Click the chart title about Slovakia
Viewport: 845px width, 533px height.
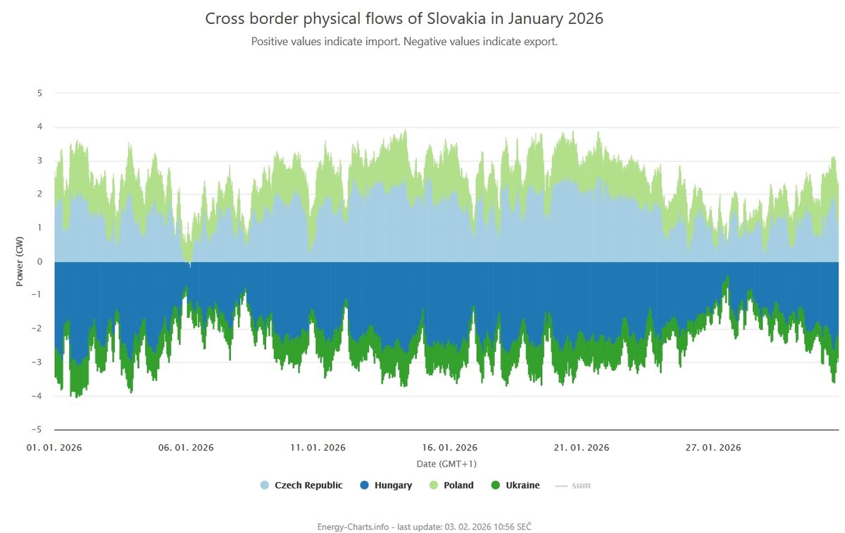coord(404,18)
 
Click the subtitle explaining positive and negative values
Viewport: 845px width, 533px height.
coord(404,42)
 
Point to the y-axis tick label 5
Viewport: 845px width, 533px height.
coord(39,93)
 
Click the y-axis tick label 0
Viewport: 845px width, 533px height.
coord(39,262)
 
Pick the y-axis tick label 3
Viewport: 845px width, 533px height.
coord(39,161)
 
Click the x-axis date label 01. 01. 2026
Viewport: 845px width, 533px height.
coord(55,448)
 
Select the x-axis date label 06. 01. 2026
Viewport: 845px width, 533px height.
coord(186,448)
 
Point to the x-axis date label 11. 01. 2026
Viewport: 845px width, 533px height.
coord(318,448)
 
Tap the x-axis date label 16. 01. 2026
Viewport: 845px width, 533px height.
coord(450,448)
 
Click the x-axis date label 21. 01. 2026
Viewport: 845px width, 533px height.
coord(582,448)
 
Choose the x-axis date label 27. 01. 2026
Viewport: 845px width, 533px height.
coord(713,448)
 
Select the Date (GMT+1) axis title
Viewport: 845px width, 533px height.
coord(446,464)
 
